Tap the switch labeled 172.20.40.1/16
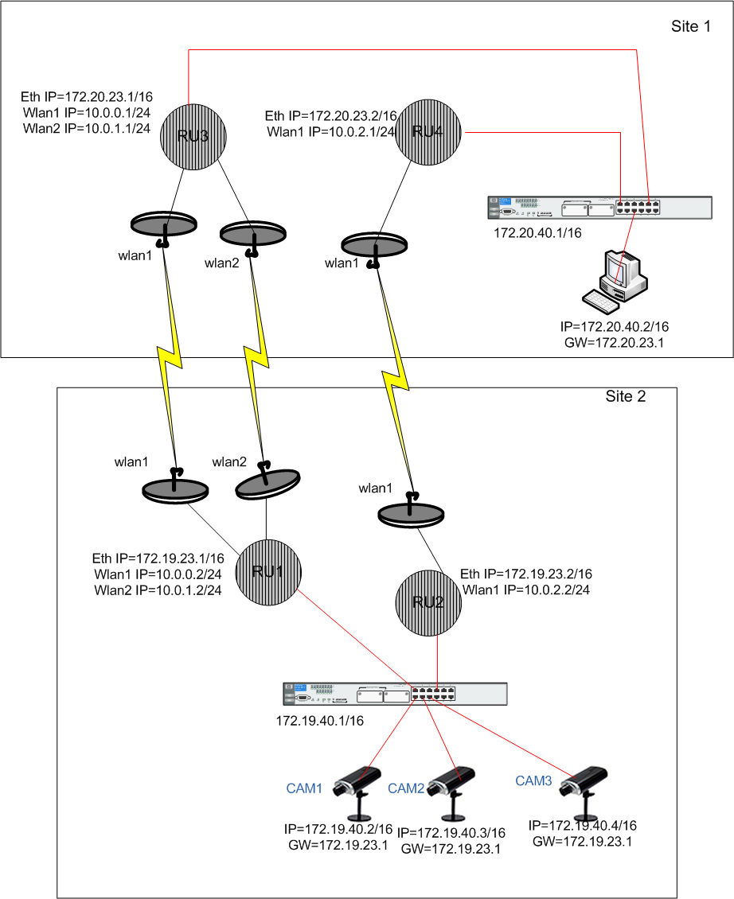click(x=601, y=208)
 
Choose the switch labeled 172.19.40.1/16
click(x=395, y=694)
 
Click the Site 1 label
click(x=691, y=27)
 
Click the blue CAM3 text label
click(x=533, y=781)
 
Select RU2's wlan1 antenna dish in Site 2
click(x=409, y=512)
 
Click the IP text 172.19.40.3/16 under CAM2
click(x=451, y=833)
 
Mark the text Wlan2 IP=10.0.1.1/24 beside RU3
click(x=87, y=127)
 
